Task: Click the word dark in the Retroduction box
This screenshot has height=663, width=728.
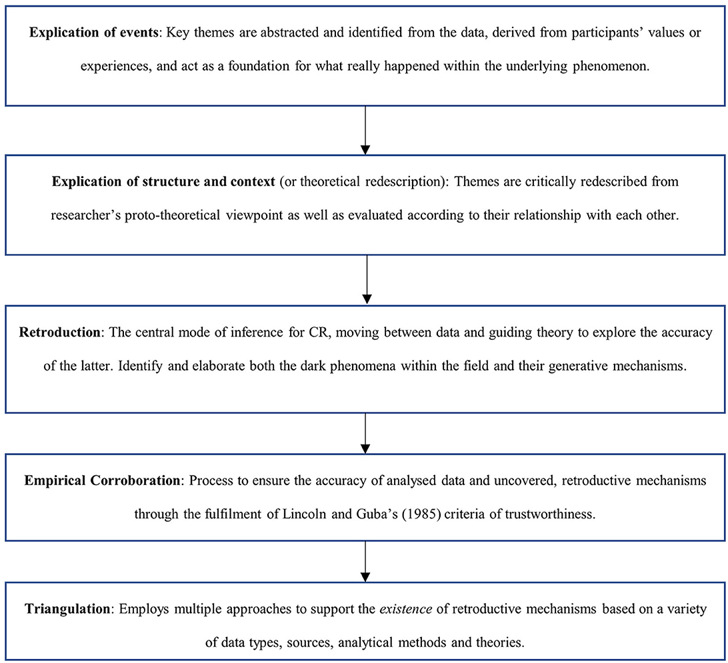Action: tap(337, 366)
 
